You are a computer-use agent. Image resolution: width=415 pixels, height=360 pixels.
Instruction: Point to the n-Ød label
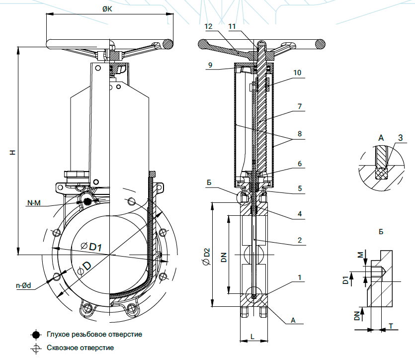(x=23, y=285)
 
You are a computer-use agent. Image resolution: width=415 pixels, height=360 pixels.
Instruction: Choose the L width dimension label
(x=252, y=337)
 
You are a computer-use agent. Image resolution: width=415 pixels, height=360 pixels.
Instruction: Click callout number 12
(x=208, y=26)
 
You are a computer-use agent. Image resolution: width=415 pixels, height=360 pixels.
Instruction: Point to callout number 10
(x=297, y=73)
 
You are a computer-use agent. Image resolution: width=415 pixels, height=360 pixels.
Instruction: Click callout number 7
(x=299, y=106)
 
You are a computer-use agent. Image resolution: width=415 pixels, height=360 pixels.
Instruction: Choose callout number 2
(x=300, y=240)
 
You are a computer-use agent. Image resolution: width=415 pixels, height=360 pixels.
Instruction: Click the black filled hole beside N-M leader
(x=88, y=201)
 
